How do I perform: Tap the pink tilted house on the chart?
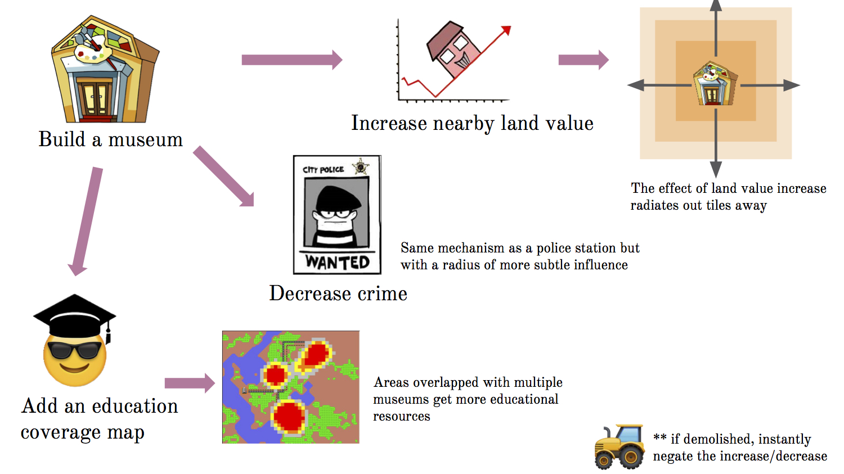[454, 50]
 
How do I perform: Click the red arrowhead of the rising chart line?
[506, 30]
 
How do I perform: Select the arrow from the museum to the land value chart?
[291, 60]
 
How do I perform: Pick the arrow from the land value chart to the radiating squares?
[583, 60]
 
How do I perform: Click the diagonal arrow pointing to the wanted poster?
[224, 177]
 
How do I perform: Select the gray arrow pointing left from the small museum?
[658, 85]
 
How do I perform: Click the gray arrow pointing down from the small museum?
[716, 144]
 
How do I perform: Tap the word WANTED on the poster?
[338, 263]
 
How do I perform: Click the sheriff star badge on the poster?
[360, 167]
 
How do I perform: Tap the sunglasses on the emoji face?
[74, 350]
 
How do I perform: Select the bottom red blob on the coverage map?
[289, 417]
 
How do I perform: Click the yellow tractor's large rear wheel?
[631, 456]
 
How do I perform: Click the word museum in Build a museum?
[146, 139]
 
